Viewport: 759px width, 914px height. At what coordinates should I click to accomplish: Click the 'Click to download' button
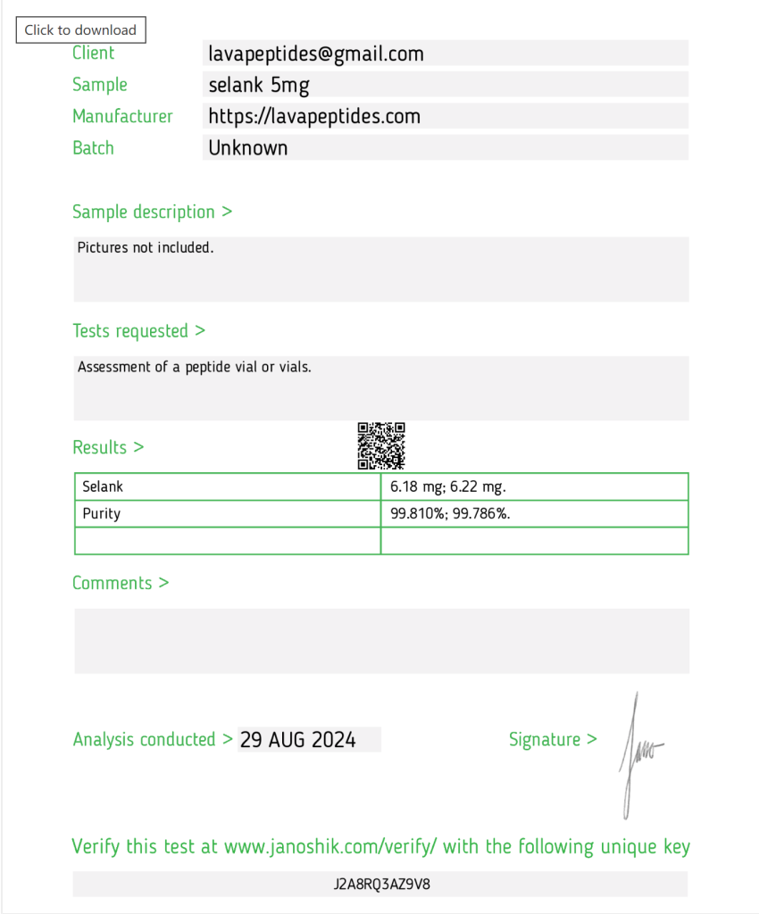[x=80, y=29]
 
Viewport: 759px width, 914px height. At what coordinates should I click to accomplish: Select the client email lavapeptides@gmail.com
[x=316, y=54]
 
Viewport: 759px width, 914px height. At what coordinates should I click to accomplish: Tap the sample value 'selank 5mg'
[x=259, y=85]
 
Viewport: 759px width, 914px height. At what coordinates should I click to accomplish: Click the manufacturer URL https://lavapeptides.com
[x=314, y=116]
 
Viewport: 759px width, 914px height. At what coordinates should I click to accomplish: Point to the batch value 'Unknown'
[x=248, y=147]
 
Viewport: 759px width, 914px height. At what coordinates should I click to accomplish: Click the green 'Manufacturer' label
[x=122, y=116]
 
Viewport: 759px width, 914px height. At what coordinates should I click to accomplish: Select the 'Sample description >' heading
[x=152, y=212]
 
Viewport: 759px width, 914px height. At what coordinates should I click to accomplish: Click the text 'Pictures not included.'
[x=146, y=247]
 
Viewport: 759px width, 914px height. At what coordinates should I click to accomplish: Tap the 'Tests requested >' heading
[x=138, y=330]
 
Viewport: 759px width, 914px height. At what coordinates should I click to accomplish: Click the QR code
[x=381, y=445]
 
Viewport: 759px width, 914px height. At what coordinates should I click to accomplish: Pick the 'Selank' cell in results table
[x=103, y=486]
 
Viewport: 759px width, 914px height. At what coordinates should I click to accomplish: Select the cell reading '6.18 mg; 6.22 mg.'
[x=448, y=486]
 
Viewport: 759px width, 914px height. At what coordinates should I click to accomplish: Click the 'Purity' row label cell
[x=101, y=513]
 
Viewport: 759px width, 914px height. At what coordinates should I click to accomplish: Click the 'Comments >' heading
[x=121, y=583]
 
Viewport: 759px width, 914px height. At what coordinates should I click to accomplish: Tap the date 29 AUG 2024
[x=298, y=739]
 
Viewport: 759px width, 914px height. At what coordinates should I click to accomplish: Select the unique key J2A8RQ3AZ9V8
[x=382, y=884]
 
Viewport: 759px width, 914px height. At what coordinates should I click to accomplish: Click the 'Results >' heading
[x=108, y=447]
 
